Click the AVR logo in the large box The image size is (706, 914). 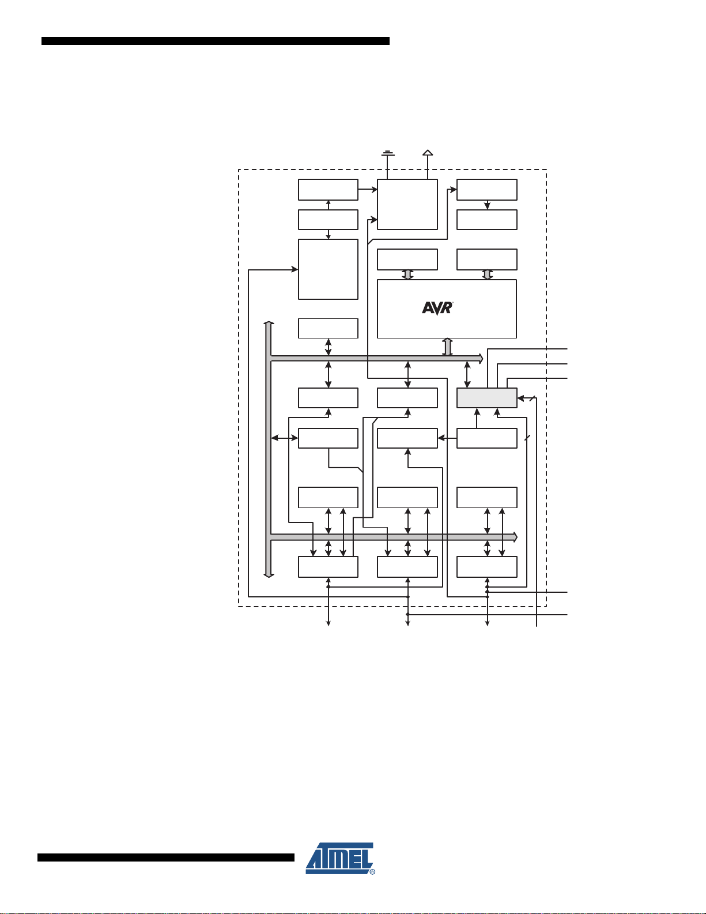pyautogui.click(x=437, y=308)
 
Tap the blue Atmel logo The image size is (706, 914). pyautogui.click(x=340, y=858)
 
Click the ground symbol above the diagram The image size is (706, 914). pyautogui.click(x=388, y=154)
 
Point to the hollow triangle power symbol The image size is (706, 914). pyautogui.click(x=427, y=153)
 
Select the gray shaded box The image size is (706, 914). pyautogui.click(x=486, y=398)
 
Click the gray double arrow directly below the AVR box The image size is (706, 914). pyautogui.click(x=447, y=347)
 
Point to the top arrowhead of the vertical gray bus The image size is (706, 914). pyautogui.click(x=268, y=325)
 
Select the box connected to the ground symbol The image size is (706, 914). pyautogui.click(x=407, y=204)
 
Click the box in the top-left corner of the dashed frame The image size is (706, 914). pyautogui.click(x=328, y=190)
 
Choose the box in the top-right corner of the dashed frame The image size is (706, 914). pyautogui.click(x=486, y=190)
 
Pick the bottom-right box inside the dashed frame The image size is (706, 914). pyautogui.click(x=486, y=567)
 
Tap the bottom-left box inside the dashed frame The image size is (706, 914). pyautogui.click(x=328, y=567)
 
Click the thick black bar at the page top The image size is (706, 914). pyautogui.click(x=216, y=41)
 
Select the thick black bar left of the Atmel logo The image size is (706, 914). pyautogui.click(x=166, y=857)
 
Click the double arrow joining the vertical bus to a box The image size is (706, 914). pyautogui.click(x=284, y=438)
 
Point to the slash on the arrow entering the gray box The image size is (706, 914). pyautogui.click(x=532, y=397)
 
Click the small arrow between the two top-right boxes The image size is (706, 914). pyautogui.click(x=487, y=205)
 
